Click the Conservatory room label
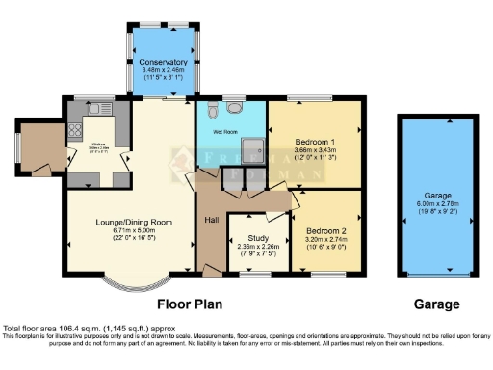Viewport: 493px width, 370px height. [156, 63]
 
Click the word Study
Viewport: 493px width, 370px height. [258, 237]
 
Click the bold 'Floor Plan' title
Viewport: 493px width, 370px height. [189, 304]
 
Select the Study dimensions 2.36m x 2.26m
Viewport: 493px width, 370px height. [258, 247]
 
